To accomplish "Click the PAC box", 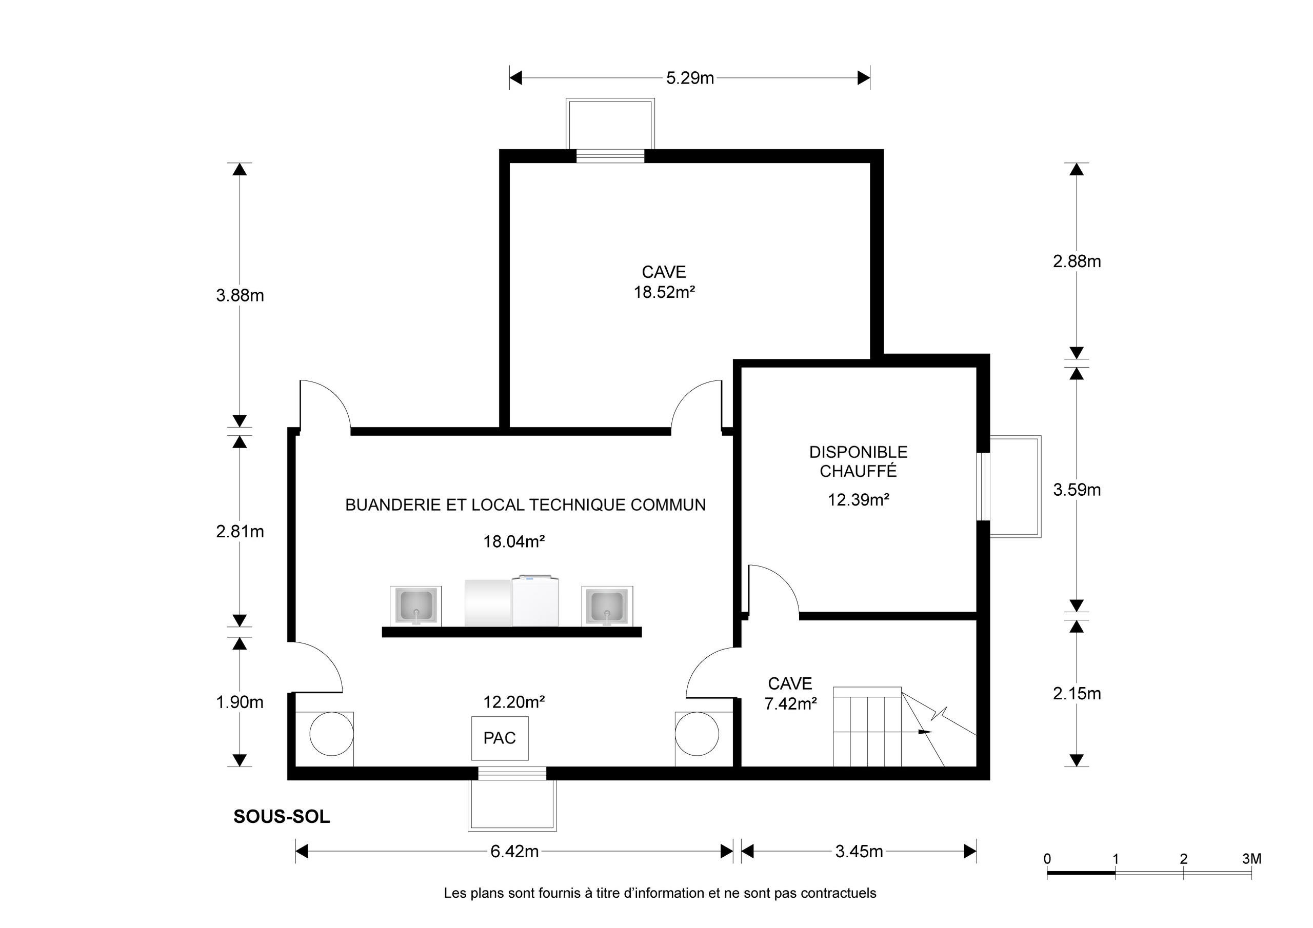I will (x=499, y=738).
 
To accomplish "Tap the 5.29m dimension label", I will (x=690, y=78).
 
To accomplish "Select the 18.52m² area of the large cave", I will (x=664, y=292).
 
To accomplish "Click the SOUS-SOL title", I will (x=282, y=817).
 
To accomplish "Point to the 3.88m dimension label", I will (x=240, y=296).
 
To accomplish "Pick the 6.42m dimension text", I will (x=514, y=852).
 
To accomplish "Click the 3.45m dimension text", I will (x=859, y=852).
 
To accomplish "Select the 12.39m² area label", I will (x=859, y=500).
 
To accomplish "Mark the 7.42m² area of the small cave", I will (x=790, y=704).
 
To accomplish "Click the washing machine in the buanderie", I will (x=535, y=601).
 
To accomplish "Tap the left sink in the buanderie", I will (x=415, y=606).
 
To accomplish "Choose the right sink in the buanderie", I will (x=607, y=606).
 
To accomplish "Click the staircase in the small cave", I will (x=867, y=728).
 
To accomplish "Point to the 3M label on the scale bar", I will (x=1251, y=859).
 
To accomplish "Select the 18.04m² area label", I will (x=513, y=541).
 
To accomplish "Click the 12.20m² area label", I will (x=513, y=702).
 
